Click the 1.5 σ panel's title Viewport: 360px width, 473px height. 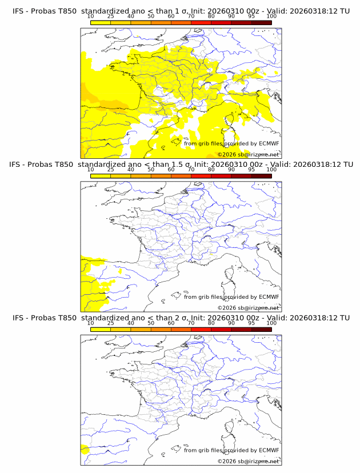pyautogui.click(x=181, y=165)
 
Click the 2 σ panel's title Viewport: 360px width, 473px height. pyautogui.click(x=181, y=318)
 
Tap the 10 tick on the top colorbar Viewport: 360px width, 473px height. pyautogui.click(x=90, y=16)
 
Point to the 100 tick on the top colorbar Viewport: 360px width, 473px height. pyautogui.click(x=271, y=16)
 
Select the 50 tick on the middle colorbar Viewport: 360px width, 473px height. pyautogui.click(x=151, y=170)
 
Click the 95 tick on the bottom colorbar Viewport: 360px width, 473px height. pyautogui.click(x=251, y=323)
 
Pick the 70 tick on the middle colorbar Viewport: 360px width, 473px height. pyautogui.click(x=191, y=170)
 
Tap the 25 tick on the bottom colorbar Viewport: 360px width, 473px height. pyautogui.click(x=110, y=323)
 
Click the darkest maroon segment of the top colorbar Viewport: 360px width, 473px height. pyautogui.click(x=261, y=22)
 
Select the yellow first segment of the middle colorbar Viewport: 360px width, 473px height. pyautogui.click(x=100, y=175)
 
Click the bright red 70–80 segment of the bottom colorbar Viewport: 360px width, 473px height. pyautogui.click(x=201, y=329)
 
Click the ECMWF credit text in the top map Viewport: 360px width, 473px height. pyautogui.click(x=231, y=144)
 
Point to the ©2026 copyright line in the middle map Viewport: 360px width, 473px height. pyautogui.click(x=248, y=307)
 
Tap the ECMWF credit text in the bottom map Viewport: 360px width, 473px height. pyautogui.click(x=231, y=450)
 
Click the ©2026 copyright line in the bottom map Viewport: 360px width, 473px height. pyautogui.click(x=248, y=461)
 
